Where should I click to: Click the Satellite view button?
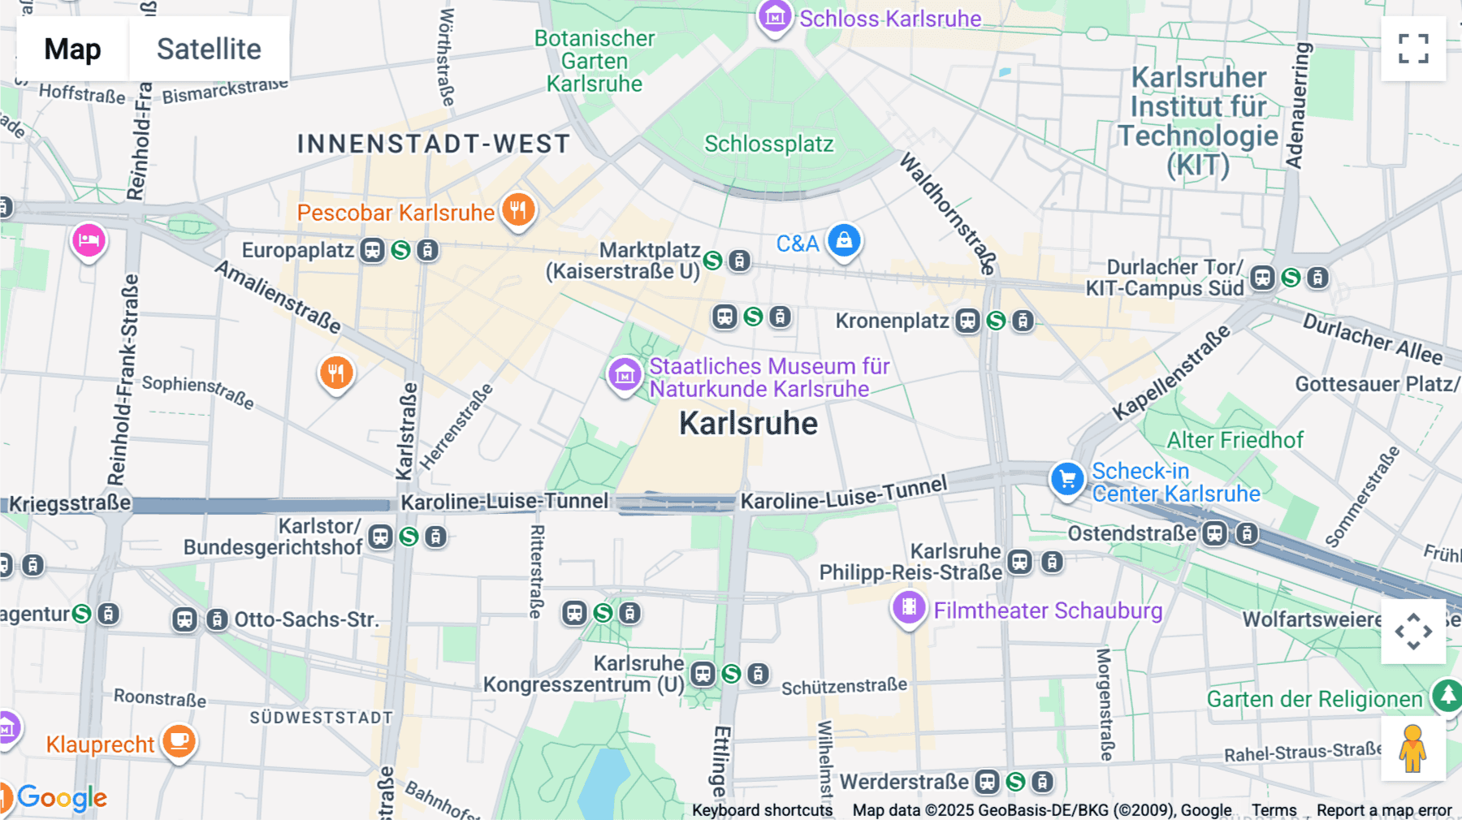209,49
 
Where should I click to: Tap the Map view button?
72,49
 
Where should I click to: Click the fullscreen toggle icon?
1413,49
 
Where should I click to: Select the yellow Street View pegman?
1413,749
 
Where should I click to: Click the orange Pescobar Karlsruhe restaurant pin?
518,210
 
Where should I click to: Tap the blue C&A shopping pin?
844,241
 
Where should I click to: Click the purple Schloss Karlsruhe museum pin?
774,16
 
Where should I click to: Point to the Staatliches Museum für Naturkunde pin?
625,374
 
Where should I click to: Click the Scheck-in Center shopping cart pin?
1067,479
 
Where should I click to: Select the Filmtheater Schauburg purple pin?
909,607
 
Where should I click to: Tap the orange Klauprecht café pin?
179,741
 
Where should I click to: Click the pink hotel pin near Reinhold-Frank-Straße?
89,241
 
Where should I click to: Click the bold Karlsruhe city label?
748,423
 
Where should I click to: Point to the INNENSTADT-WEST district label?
434,144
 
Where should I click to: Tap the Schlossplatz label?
768,144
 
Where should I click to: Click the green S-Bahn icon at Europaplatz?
400,250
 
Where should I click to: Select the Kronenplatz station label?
892,321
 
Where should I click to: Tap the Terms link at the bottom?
1274,809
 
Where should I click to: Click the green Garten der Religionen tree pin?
1447,695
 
